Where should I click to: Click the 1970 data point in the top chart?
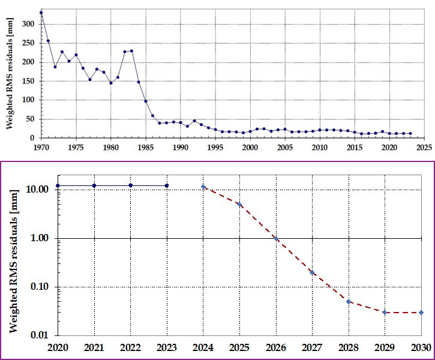click(41, 12)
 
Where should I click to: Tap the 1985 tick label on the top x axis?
click(145, 146)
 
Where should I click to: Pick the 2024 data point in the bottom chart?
click(203, 187)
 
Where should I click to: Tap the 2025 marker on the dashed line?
click(239, 205)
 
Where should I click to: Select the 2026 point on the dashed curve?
click(276, 238)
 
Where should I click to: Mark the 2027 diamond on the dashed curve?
click(312, 272)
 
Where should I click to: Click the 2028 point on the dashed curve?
click(349, 301)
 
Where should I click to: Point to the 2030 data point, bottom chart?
click(421, 312)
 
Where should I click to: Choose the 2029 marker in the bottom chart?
click(385, 312)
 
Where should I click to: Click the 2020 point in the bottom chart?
click(58, 185)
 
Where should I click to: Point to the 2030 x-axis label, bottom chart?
click(421, 347)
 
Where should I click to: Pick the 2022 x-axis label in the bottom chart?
click(130, 347)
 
